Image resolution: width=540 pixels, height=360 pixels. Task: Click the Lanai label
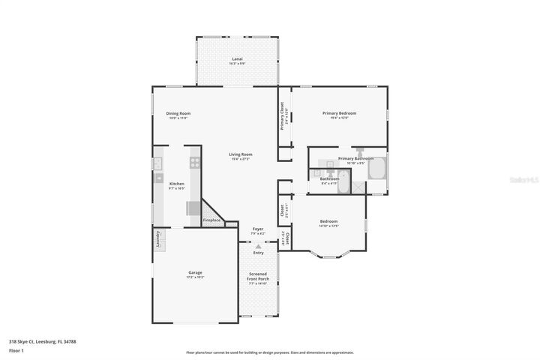tap(236, 59)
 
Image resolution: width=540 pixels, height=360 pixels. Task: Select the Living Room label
tap(241, 155)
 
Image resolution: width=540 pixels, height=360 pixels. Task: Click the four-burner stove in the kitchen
tap(195, 161)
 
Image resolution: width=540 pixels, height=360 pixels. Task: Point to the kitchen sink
tap(159, 178)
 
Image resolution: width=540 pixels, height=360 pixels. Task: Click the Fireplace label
tap(212, 220)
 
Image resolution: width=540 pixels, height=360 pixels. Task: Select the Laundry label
tap(158, 238)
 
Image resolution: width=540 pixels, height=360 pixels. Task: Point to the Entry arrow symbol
tap(258, 246)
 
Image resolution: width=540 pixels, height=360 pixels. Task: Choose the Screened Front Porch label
tap(258, 277)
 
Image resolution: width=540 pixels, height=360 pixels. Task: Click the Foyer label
tap(257, 229)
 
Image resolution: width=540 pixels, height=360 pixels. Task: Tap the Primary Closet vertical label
tap(282, 115)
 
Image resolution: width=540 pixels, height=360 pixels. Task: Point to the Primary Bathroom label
tap(355, 159)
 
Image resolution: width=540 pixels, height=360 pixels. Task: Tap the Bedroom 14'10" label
tap(328, 223)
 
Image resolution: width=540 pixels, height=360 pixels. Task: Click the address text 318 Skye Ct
tap(42, 341)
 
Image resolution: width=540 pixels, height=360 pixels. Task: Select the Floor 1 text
tap(16, 350)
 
